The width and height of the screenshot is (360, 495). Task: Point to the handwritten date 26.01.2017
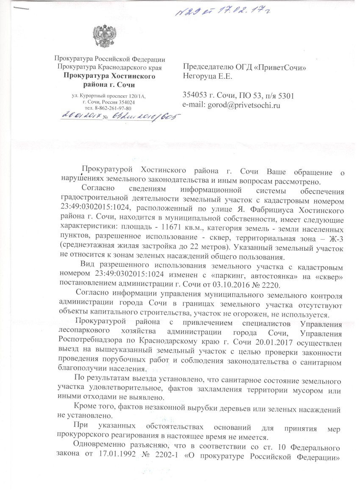click(x=82, y=116)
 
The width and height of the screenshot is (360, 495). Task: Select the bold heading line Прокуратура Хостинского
click(x=109, y=76)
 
